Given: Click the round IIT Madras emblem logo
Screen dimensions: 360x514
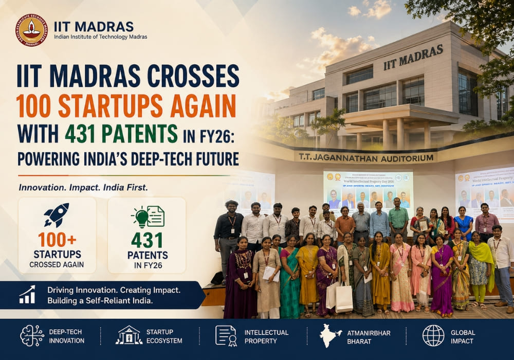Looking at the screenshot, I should pos(31,30).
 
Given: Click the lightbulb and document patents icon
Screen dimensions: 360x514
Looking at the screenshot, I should pos(147,216).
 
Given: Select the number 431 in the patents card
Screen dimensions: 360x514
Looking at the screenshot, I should pos(146,240).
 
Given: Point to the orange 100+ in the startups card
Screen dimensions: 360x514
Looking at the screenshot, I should pos(57,240).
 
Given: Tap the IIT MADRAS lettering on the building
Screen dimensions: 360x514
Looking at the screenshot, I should pos(413,57).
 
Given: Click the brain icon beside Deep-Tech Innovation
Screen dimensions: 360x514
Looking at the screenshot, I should pos(32,335).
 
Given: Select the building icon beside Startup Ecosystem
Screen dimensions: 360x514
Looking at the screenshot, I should pos(128,335).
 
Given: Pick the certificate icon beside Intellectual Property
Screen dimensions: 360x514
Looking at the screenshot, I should pos(226,335).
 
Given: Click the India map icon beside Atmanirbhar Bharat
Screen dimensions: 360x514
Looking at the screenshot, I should pos(331,335).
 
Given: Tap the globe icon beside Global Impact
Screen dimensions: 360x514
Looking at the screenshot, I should pos(433,335).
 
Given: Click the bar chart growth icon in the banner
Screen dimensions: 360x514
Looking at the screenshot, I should pos(27,295).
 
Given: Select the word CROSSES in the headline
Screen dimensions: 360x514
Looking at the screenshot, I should pos(193,76).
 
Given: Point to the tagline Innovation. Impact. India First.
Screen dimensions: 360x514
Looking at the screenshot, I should pos(83,188).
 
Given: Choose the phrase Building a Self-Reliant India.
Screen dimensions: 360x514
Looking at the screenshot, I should pos(100,300).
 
